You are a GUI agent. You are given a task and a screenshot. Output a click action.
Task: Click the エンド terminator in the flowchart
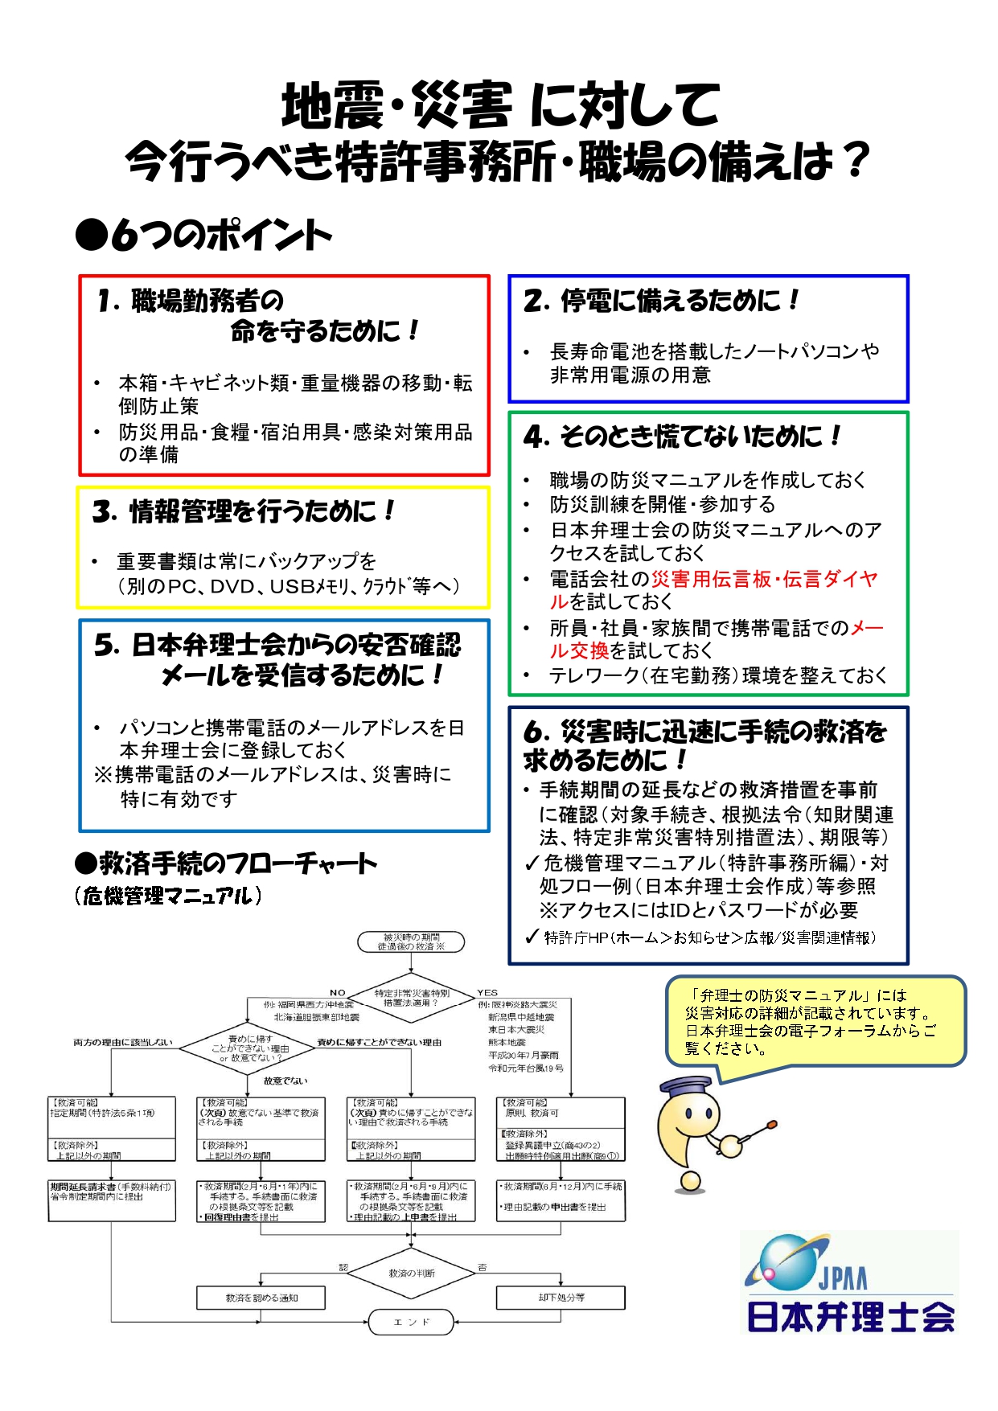tap(411, 1322)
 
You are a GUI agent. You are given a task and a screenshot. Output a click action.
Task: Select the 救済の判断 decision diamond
tap(411, 1274)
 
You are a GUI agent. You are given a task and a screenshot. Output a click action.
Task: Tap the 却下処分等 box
tap(561, 1298)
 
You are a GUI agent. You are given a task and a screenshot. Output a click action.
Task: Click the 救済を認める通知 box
tap(261, 1298)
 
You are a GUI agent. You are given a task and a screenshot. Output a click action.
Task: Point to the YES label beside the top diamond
tap(487, 993)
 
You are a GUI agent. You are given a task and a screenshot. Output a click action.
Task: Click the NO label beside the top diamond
tap(338, 993)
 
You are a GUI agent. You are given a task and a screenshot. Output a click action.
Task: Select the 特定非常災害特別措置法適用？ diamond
tap(411, 999)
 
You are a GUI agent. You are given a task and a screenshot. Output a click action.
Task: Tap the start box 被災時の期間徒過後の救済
tap(411, 942)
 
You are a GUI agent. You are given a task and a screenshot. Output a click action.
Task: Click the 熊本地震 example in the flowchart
tap(507, 1042)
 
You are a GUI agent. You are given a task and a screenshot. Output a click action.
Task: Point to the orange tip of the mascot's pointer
tap(773, 1124)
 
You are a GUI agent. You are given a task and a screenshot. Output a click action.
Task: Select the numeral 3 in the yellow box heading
tap(104, 512)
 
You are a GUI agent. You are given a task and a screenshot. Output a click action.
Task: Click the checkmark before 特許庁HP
tap(532, 937)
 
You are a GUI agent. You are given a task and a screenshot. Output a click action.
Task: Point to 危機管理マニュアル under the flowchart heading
tap(168, 896)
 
